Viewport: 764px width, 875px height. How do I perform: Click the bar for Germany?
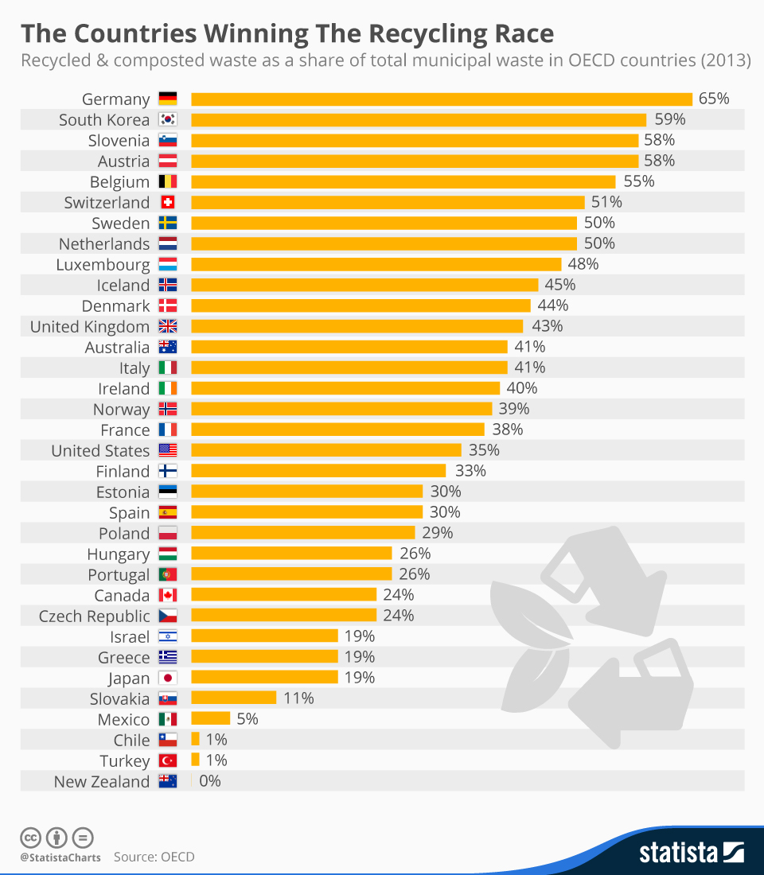[442, 99]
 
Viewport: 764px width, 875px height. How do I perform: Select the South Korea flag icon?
[168, 120]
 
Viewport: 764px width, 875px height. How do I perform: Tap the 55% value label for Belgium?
[638, 181]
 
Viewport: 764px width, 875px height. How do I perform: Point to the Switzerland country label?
[107, 203]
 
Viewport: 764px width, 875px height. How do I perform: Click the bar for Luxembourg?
[376, 265]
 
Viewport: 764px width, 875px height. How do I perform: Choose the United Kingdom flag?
[168, 327]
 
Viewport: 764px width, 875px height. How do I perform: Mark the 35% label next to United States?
[484, 450]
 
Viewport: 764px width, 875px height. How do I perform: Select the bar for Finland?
[318, 471]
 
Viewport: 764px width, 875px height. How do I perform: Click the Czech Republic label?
[95, 616]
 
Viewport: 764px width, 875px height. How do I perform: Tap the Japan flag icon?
[168, 679]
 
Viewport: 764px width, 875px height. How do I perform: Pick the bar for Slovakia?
[233, 698]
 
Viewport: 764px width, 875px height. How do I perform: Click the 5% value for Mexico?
[248, 719]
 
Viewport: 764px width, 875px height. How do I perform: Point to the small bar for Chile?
[195, 740]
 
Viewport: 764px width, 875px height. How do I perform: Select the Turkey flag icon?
[168, 760]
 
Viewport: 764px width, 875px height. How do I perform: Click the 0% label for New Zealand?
[210, 781]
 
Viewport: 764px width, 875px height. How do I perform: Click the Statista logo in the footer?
[691, 854]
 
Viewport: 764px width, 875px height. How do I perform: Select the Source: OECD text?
[154, 857]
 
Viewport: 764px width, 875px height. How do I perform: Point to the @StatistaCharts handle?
[60, 857]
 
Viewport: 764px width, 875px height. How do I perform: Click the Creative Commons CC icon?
[31, 838]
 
